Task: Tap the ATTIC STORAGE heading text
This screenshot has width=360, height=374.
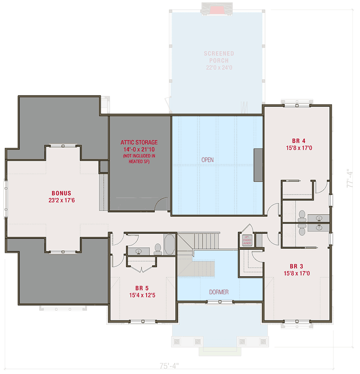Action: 139,142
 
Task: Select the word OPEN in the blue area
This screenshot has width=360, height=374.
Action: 207,160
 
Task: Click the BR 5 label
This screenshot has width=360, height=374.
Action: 142,287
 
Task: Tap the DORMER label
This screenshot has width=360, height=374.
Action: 219,292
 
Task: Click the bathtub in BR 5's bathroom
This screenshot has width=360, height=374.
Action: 170,245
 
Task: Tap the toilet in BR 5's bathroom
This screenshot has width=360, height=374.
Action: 157,248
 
